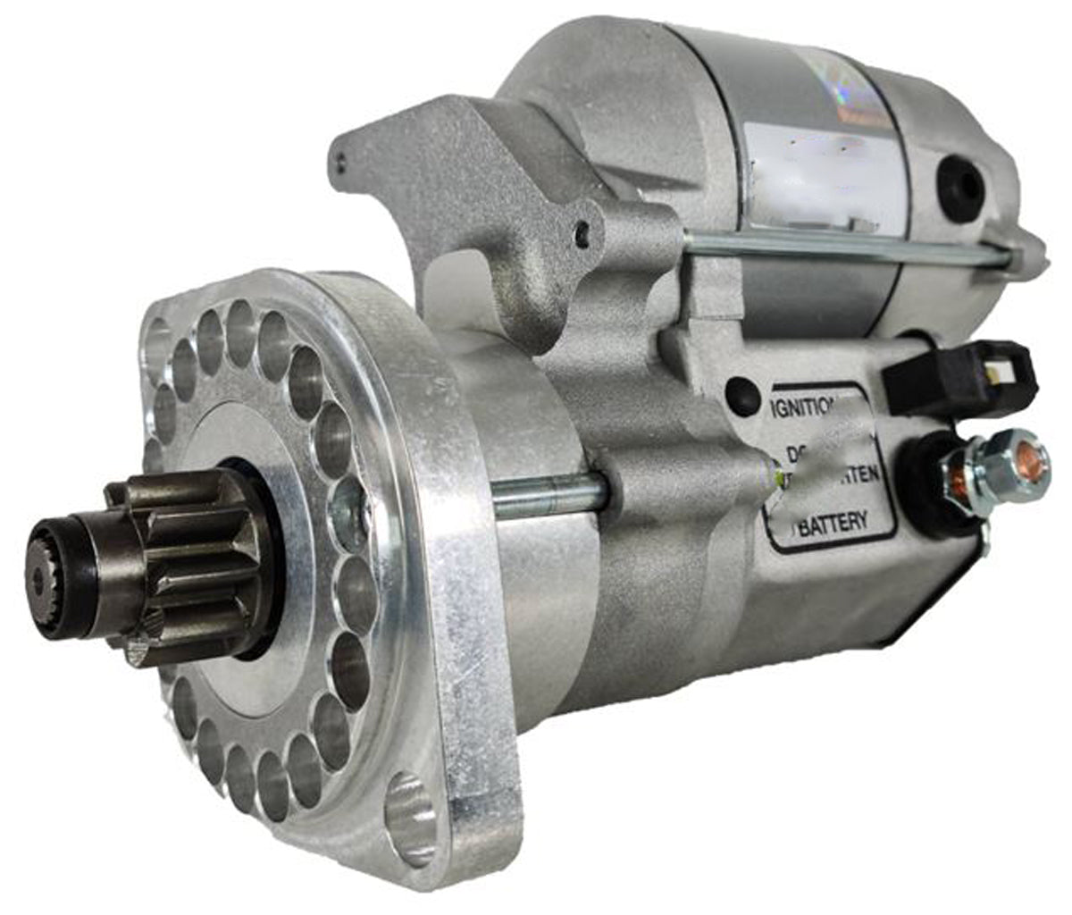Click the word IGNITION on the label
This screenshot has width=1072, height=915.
[x=801, y=407]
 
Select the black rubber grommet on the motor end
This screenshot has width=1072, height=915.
[x=960, y=189]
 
